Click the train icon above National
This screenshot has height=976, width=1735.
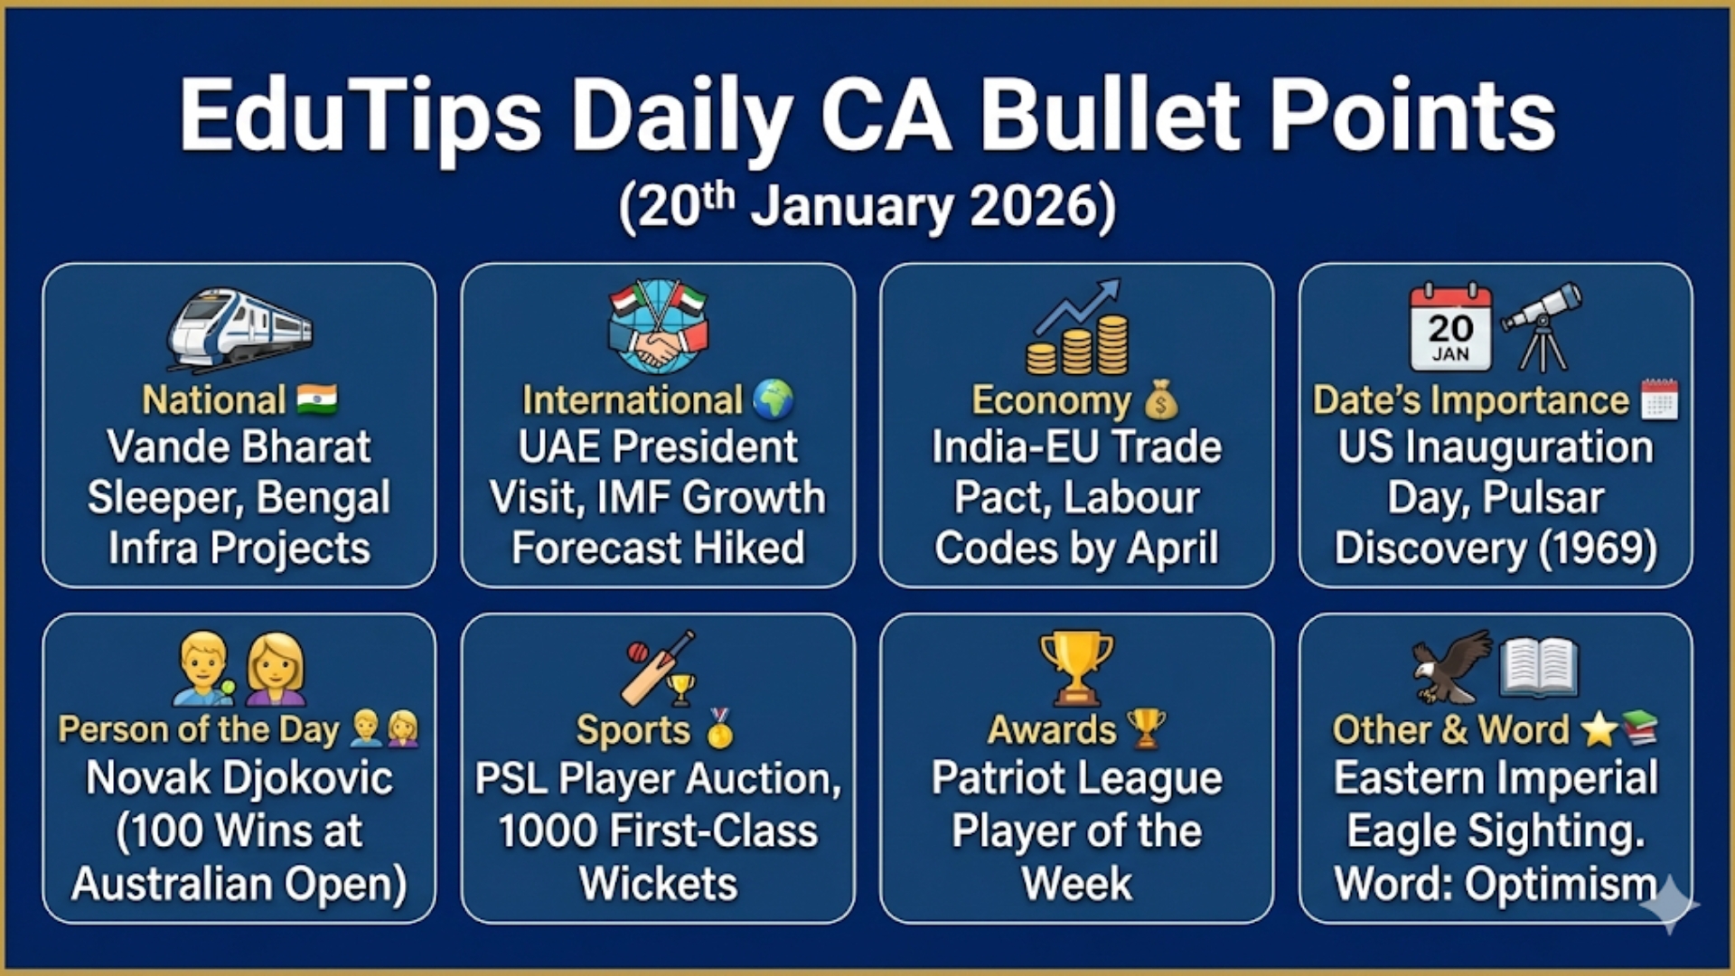point(239,329)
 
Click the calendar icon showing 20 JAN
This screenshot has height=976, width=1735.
point(1450,326)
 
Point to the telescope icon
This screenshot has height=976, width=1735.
point(1543,326)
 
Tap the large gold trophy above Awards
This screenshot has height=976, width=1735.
point(1076,667)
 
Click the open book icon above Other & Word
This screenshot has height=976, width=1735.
point(1538,668)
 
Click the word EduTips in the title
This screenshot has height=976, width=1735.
point(361,117)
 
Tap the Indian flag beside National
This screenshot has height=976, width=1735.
point(316,399)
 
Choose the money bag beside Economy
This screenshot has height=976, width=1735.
point(1161,400)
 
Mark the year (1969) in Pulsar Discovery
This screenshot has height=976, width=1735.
point(1599,548)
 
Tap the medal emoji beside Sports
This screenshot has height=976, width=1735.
point(720,728)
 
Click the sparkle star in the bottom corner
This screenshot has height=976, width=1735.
point(1669,904)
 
